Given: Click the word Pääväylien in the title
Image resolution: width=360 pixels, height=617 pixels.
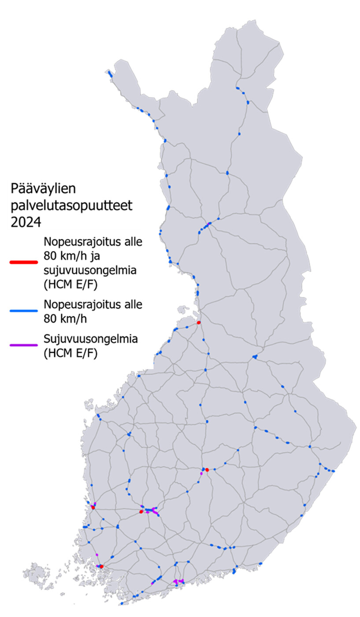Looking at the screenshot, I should tap(43, 190).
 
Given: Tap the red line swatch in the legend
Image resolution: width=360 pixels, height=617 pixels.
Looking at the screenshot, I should tap(23, 262).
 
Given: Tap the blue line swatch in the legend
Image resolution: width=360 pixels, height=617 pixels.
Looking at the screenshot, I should tap(23, 311).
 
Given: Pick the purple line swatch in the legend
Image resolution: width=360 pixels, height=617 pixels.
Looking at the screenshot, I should tap(23, 345).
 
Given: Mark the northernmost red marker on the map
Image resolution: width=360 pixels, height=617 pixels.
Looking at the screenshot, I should tap(199, 323).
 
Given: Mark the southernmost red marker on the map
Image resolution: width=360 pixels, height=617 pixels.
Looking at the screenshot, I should tap(101, 566).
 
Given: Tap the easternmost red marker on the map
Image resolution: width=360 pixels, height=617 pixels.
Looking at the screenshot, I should tap(207, 469).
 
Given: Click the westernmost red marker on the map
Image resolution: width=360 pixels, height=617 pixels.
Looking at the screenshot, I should tap(93, 507).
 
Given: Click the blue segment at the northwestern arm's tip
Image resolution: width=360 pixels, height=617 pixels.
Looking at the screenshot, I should tap(109, 74).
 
